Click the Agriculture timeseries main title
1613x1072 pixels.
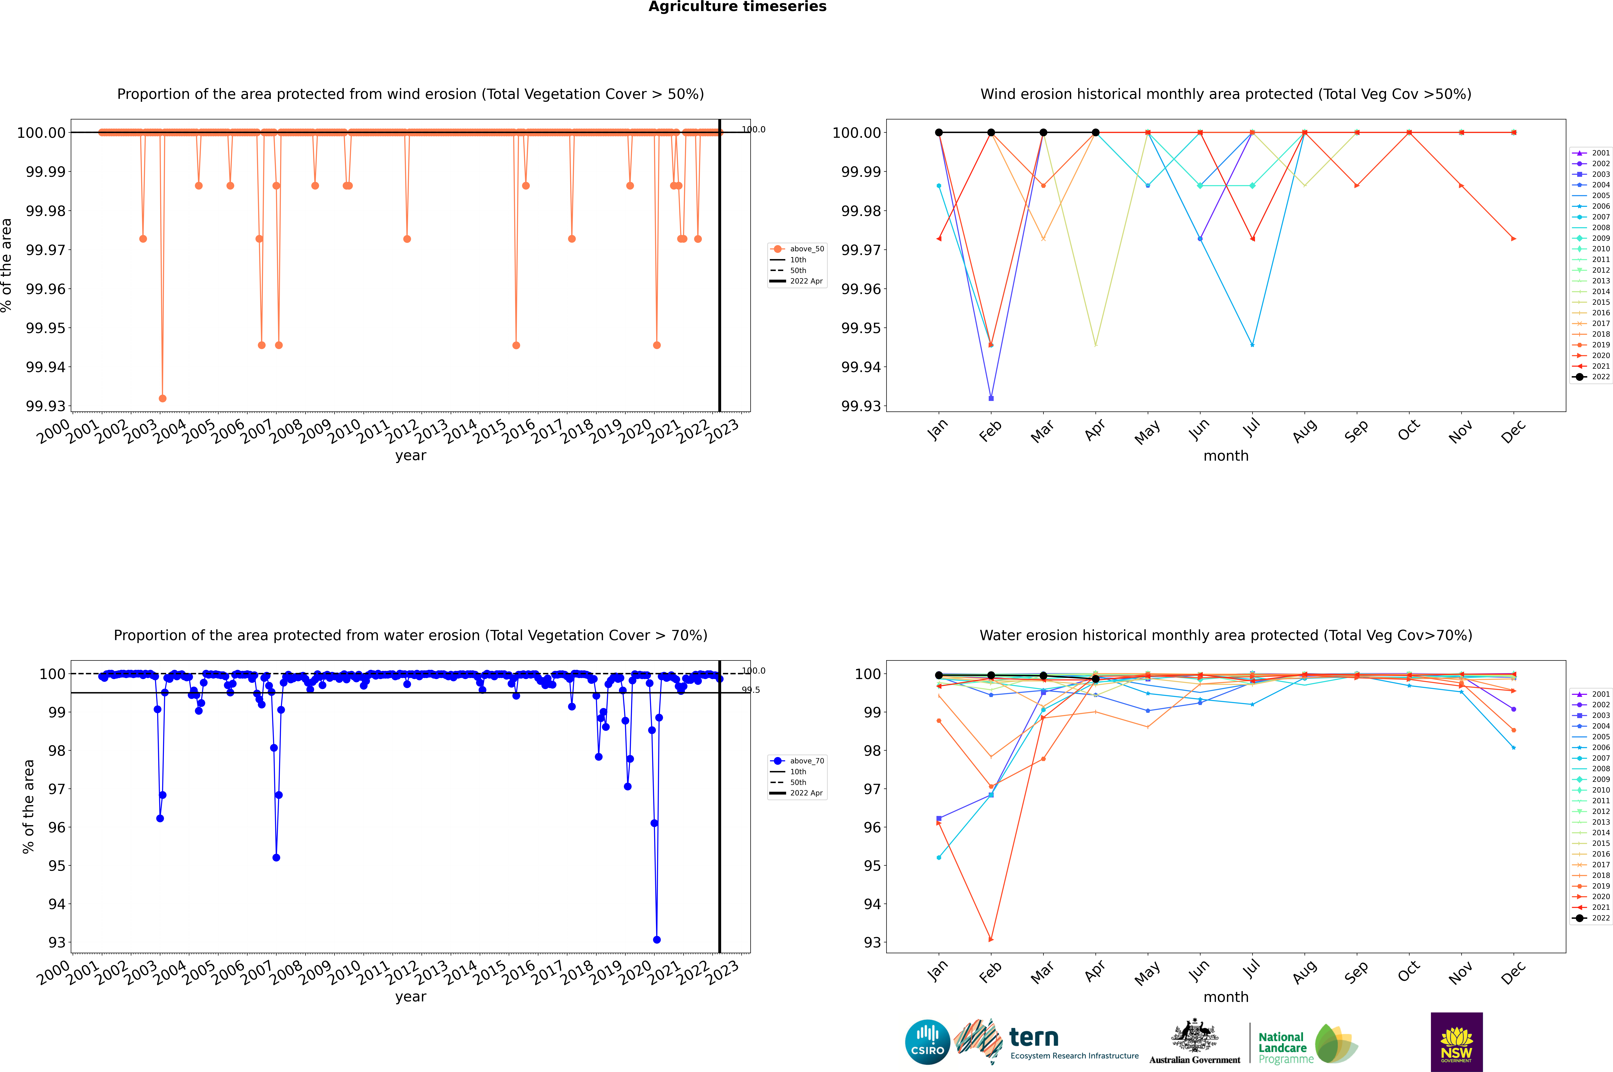point(737,7)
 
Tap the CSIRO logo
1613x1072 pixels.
point(927,1042)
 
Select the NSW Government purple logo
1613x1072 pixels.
point(1456,1042)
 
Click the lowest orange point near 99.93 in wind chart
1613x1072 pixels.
point(162,398)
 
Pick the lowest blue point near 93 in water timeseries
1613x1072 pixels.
point(656,939)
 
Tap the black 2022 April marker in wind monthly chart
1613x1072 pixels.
point(1095,133)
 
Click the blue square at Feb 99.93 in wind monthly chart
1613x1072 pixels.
point(991,398)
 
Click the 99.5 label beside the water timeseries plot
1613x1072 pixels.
point(751,690)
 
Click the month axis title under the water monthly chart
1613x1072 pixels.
point(1225,997)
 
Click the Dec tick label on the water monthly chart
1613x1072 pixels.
point(1513,972)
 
